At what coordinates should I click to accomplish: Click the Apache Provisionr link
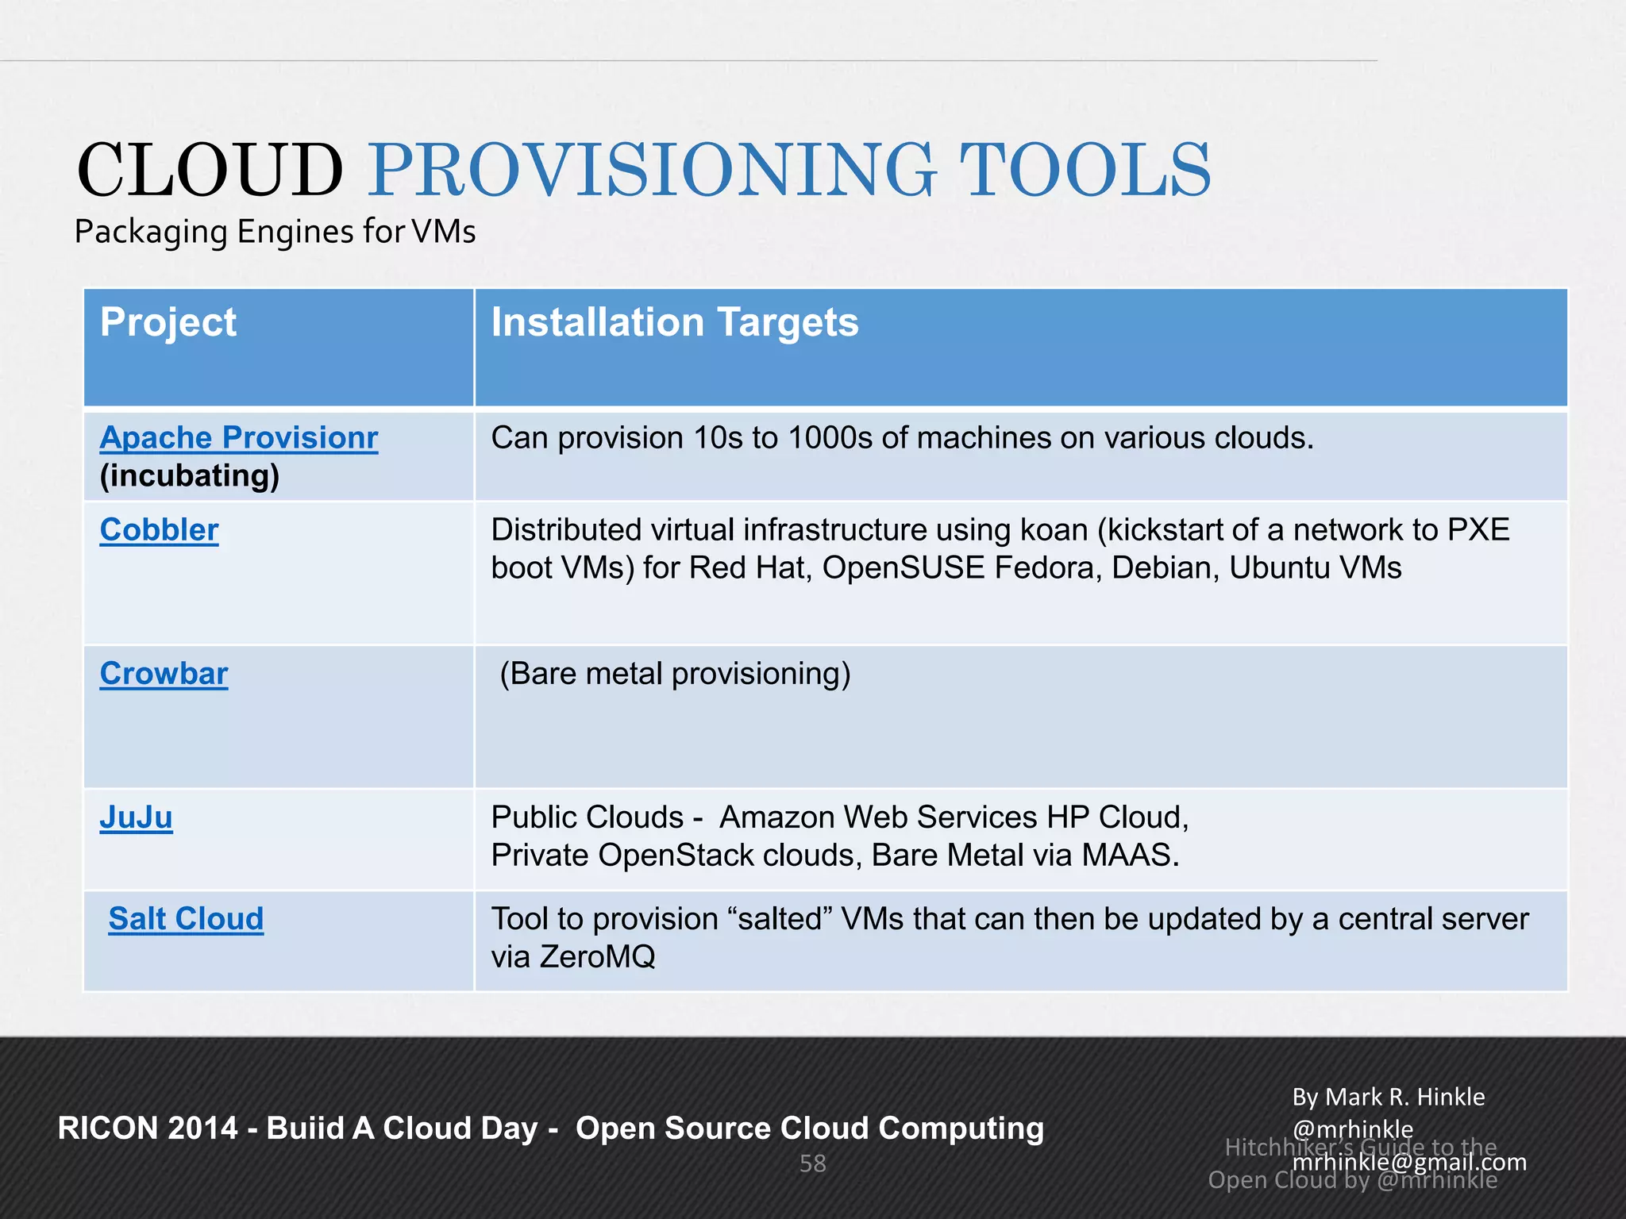click(238, 437)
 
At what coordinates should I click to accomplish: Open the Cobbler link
click(159, 529)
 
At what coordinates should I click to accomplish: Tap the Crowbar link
click(164, 673)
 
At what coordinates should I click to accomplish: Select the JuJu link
click(136, 817)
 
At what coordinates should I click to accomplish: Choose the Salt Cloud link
click(186, 918)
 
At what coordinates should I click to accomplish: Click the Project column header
click(168, 322)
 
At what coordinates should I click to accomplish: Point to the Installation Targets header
click(674, 322)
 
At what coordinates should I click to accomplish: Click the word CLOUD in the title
click(210, 171)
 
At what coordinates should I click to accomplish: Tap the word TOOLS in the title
click(1085, 171)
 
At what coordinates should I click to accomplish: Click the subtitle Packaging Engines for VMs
click(275, 232)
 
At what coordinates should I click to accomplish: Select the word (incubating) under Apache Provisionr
click(190, 475)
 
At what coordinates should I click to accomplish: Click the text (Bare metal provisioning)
click(675, 673)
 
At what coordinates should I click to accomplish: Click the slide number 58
click(812, 1163)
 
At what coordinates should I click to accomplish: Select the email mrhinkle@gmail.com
click(1409, 1162)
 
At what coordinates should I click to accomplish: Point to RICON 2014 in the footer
click(148, 1128)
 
